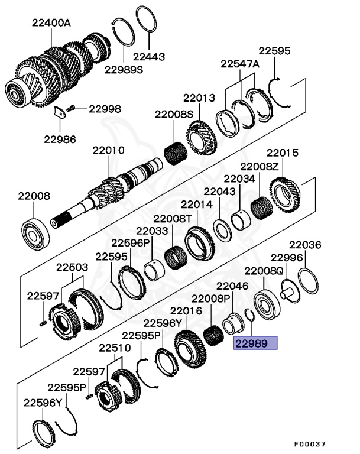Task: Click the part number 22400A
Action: click(51, 23)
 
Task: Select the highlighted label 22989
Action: click(255, 343)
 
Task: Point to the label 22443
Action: click(148, 57)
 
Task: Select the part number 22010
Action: click(108, 150)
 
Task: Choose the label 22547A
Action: click(240, 64)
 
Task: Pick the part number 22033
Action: click(152, 231)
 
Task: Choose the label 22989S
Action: click(124, 69)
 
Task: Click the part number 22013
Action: click(199, 98)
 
